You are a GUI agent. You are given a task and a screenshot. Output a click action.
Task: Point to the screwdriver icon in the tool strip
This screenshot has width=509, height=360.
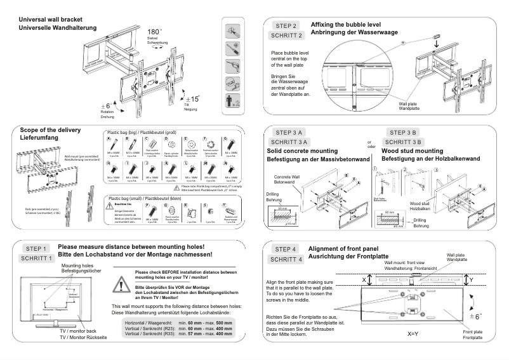pyautogui.click(x=233, y=65)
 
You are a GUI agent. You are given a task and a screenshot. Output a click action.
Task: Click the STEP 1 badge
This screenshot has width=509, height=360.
pyautogui.click(x=36, y=248)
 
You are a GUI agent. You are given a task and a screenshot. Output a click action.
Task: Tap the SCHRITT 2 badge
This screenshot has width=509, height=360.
pyautogui.click(x=288, y=35)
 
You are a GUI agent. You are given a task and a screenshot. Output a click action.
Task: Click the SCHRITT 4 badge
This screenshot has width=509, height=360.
pyautogui.click(x=288, y=260)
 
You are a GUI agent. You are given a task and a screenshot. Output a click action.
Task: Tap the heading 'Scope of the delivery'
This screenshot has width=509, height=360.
pyautogui.click(x=50, y=130)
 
